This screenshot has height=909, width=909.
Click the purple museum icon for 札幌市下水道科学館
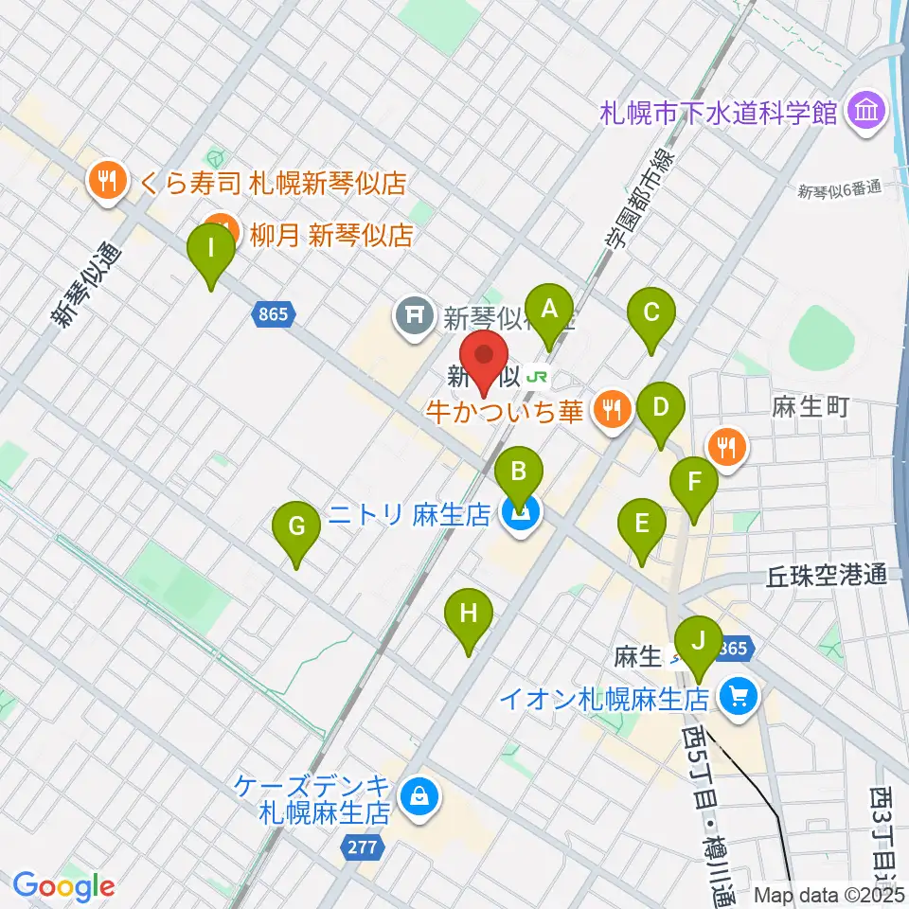[865, 113]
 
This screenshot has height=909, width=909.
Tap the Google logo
[63, 886]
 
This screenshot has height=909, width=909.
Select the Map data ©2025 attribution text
[829, 894]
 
